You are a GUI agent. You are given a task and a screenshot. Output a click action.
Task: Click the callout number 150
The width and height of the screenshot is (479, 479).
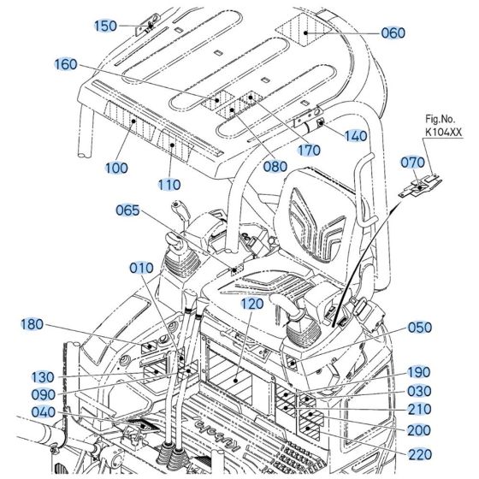coord(105,26)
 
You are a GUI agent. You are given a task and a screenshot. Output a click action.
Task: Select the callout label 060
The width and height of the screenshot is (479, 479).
coord(393,33)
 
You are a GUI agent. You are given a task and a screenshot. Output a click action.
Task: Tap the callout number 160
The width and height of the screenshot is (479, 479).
coord(66,64)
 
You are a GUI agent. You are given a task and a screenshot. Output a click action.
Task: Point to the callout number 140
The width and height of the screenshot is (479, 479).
coord(356,136)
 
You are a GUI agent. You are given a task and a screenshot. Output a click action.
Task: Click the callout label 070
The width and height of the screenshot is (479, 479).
coord(412,163)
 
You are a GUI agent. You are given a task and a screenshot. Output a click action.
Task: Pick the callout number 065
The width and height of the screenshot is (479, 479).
coord(127,210)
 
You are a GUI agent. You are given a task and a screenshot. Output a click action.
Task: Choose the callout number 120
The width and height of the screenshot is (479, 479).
coord(252,304)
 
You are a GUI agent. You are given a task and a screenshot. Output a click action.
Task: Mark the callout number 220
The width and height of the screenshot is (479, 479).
coord(420,454)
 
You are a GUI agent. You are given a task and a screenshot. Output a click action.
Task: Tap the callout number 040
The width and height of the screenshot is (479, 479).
coord(44,412)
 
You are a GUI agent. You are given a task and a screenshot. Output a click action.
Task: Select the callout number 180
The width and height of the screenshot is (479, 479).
coord(32,324)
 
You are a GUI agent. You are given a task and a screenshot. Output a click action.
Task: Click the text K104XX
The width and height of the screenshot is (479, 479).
coord(444,132)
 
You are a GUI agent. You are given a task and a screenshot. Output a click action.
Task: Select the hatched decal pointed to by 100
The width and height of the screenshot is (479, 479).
coord(129,121)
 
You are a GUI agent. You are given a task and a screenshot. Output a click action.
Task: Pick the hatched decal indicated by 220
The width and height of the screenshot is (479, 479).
coord(309,429)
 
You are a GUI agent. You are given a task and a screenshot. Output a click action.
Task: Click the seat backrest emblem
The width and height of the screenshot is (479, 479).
coord(316,226)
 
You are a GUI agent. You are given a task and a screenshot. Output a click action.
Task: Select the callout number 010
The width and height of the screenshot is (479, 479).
coord(141,269)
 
